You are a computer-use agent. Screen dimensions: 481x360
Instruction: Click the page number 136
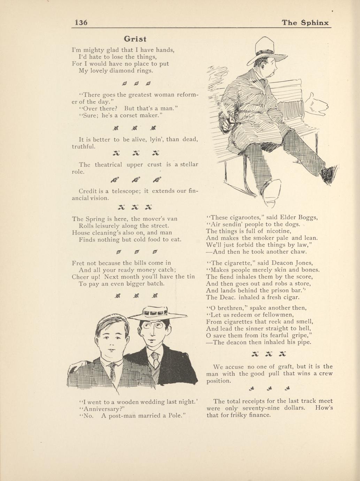[x=81, y=23]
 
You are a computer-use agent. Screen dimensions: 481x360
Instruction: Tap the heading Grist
[x=135, y=39]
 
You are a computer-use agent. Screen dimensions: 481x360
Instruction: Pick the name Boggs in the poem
[x=308, y=217]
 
